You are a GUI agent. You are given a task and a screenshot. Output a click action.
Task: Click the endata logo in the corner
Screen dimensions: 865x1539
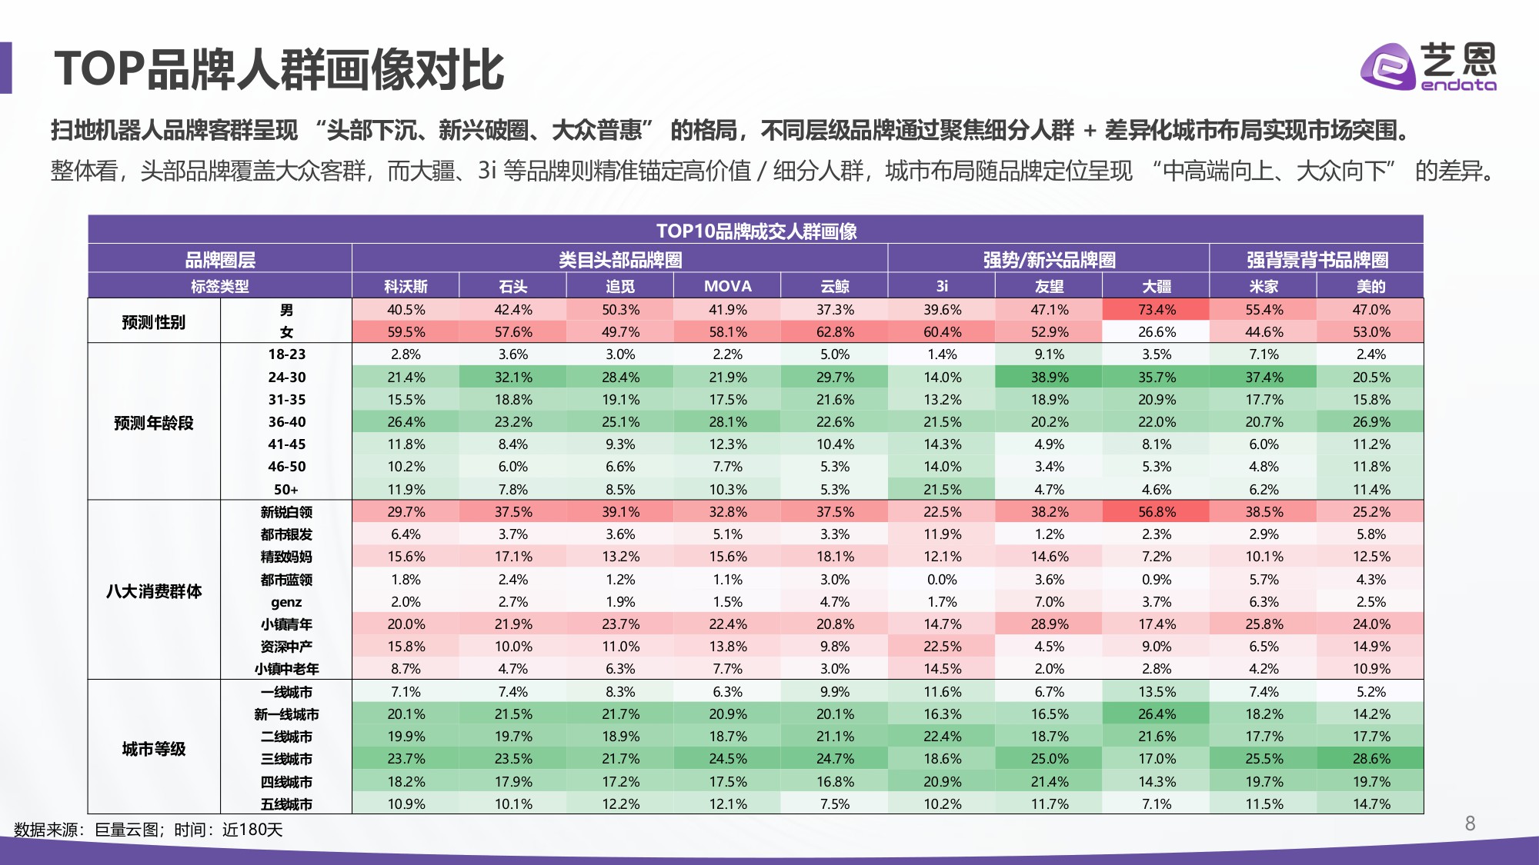[1428, 67]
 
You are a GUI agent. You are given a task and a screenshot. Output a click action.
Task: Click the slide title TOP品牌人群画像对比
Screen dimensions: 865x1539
[279, 69]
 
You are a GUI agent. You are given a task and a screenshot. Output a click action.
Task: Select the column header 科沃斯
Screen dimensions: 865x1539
[406, 286]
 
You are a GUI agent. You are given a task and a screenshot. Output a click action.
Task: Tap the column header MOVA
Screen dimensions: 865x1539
[727, 286]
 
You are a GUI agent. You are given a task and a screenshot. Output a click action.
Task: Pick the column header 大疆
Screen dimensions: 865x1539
[1156, 286]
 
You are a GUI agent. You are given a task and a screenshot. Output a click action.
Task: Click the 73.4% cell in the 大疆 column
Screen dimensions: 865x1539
[1156, 310]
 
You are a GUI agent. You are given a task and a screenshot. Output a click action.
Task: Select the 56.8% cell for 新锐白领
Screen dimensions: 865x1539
[1156, 512]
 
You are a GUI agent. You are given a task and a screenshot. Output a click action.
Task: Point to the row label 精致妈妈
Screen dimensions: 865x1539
[286, 557]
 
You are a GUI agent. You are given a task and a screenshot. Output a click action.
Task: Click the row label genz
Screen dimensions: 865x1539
[286, 602]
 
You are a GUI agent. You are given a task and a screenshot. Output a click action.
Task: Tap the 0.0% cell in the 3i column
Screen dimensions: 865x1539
[942, 580]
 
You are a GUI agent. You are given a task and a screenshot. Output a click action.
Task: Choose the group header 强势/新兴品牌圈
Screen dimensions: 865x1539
[1049, 260]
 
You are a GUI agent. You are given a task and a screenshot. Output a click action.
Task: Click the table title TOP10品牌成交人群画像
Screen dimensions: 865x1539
[756, 231]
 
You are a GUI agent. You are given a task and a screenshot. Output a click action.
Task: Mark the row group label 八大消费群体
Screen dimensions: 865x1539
[154, 591]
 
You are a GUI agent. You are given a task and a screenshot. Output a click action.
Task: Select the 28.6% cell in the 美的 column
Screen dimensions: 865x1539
[1370, 759]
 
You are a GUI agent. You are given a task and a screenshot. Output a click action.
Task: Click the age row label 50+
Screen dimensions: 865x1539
[286, 490]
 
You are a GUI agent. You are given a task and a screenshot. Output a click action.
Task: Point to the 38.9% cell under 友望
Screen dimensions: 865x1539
[1049, 378]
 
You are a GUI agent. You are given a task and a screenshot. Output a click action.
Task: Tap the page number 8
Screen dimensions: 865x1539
[1470, 823]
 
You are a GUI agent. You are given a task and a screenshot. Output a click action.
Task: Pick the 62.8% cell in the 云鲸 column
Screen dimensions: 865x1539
[835, 332]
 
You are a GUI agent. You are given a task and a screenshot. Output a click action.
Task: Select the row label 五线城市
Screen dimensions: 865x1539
[286, 804]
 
